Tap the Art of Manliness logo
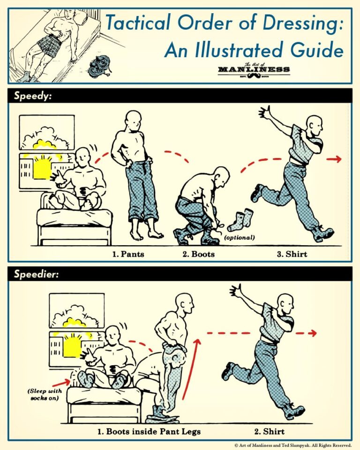click(x=254, y=69)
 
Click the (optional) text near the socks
click(x=239, y=238)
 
